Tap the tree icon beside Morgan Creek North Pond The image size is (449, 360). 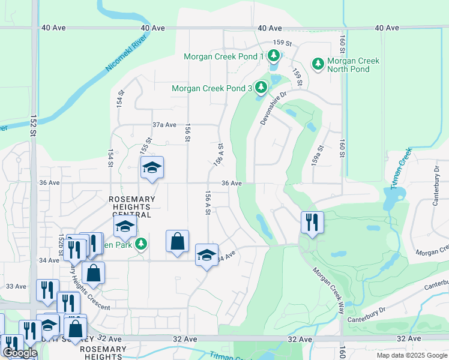point(317,63)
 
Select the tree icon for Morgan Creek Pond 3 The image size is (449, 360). point(261,88)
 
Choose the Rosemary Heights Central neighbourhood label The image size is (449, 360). point(131,206)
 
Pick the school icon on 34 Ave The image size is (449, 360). point(206,255)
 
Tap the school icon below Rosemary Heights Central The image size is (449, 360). point(125,226)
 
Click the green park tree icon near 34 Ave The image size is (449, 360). point(141,244)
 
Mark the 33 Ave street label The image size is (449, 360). point(16,287)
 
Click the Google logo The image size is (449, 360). point(20,353)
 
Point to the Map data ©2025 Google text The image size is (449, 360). point(411,355)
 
